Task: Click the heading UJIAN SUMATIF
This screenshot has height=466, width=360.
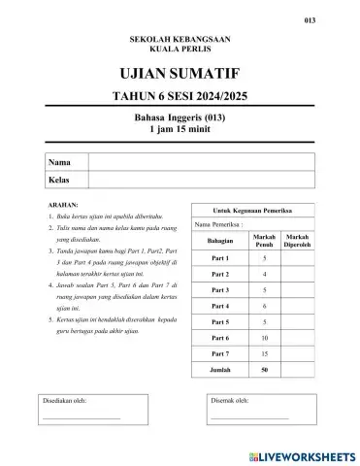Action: tap(180, 74)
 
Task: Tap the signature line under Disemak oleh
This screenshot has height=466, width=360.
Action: tap(249, 417)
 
